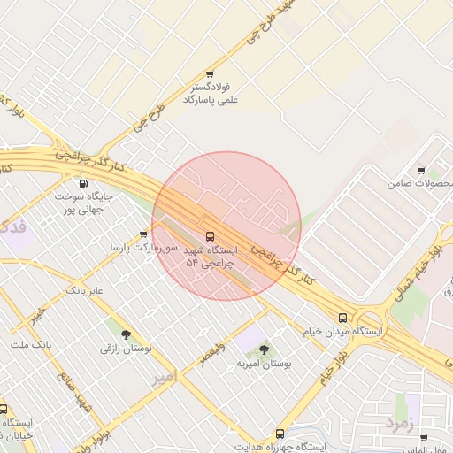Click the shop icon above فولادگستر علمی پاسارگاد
click(210, 74)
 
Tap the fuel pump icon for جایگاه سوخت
click(83, 182)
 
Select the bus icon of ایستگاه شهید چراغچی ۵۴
click(210, 236)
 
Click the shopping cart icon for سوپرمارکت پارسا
click(143, 234)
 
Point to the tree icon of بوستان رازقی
click(126, 334)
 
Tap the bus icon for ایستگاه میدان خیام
click(342, 318)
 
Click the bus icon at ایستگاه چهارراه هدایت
click(280, 434)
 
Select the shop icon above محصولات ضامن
click(420, 171)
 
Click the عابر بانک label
click(85, 290)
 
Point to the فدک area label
click(12, 226)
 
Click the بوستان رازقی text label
click(126, 349)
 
